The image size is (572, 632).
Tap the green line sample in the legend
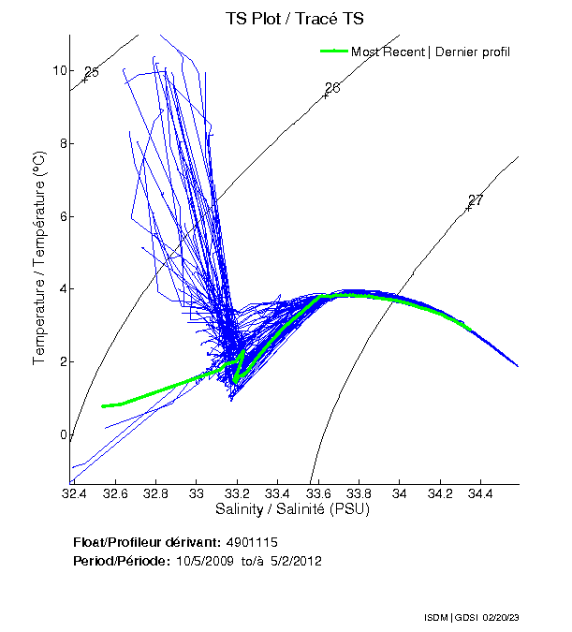click(334, 51)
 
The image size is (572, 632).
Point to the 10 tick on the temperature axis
click(59, 70)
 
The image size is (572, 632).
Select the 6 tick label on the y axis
click(63, 216)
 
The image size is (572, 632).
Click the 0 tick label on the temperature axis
click(63, 434)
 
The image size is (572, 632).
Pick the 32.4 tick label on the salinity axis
click(74, 492)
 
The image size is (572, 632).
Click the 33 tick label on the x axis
click(196, 492)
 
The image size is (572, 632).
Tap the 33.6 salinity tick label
click(317, 492)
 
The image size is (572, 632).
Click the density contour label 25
click(92, 72)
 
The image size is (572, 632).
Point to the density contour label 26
click(332, 88)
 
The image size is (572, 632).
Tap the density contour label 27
click(476, 200)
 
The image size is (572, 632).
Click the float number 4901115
click(252, 542)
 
